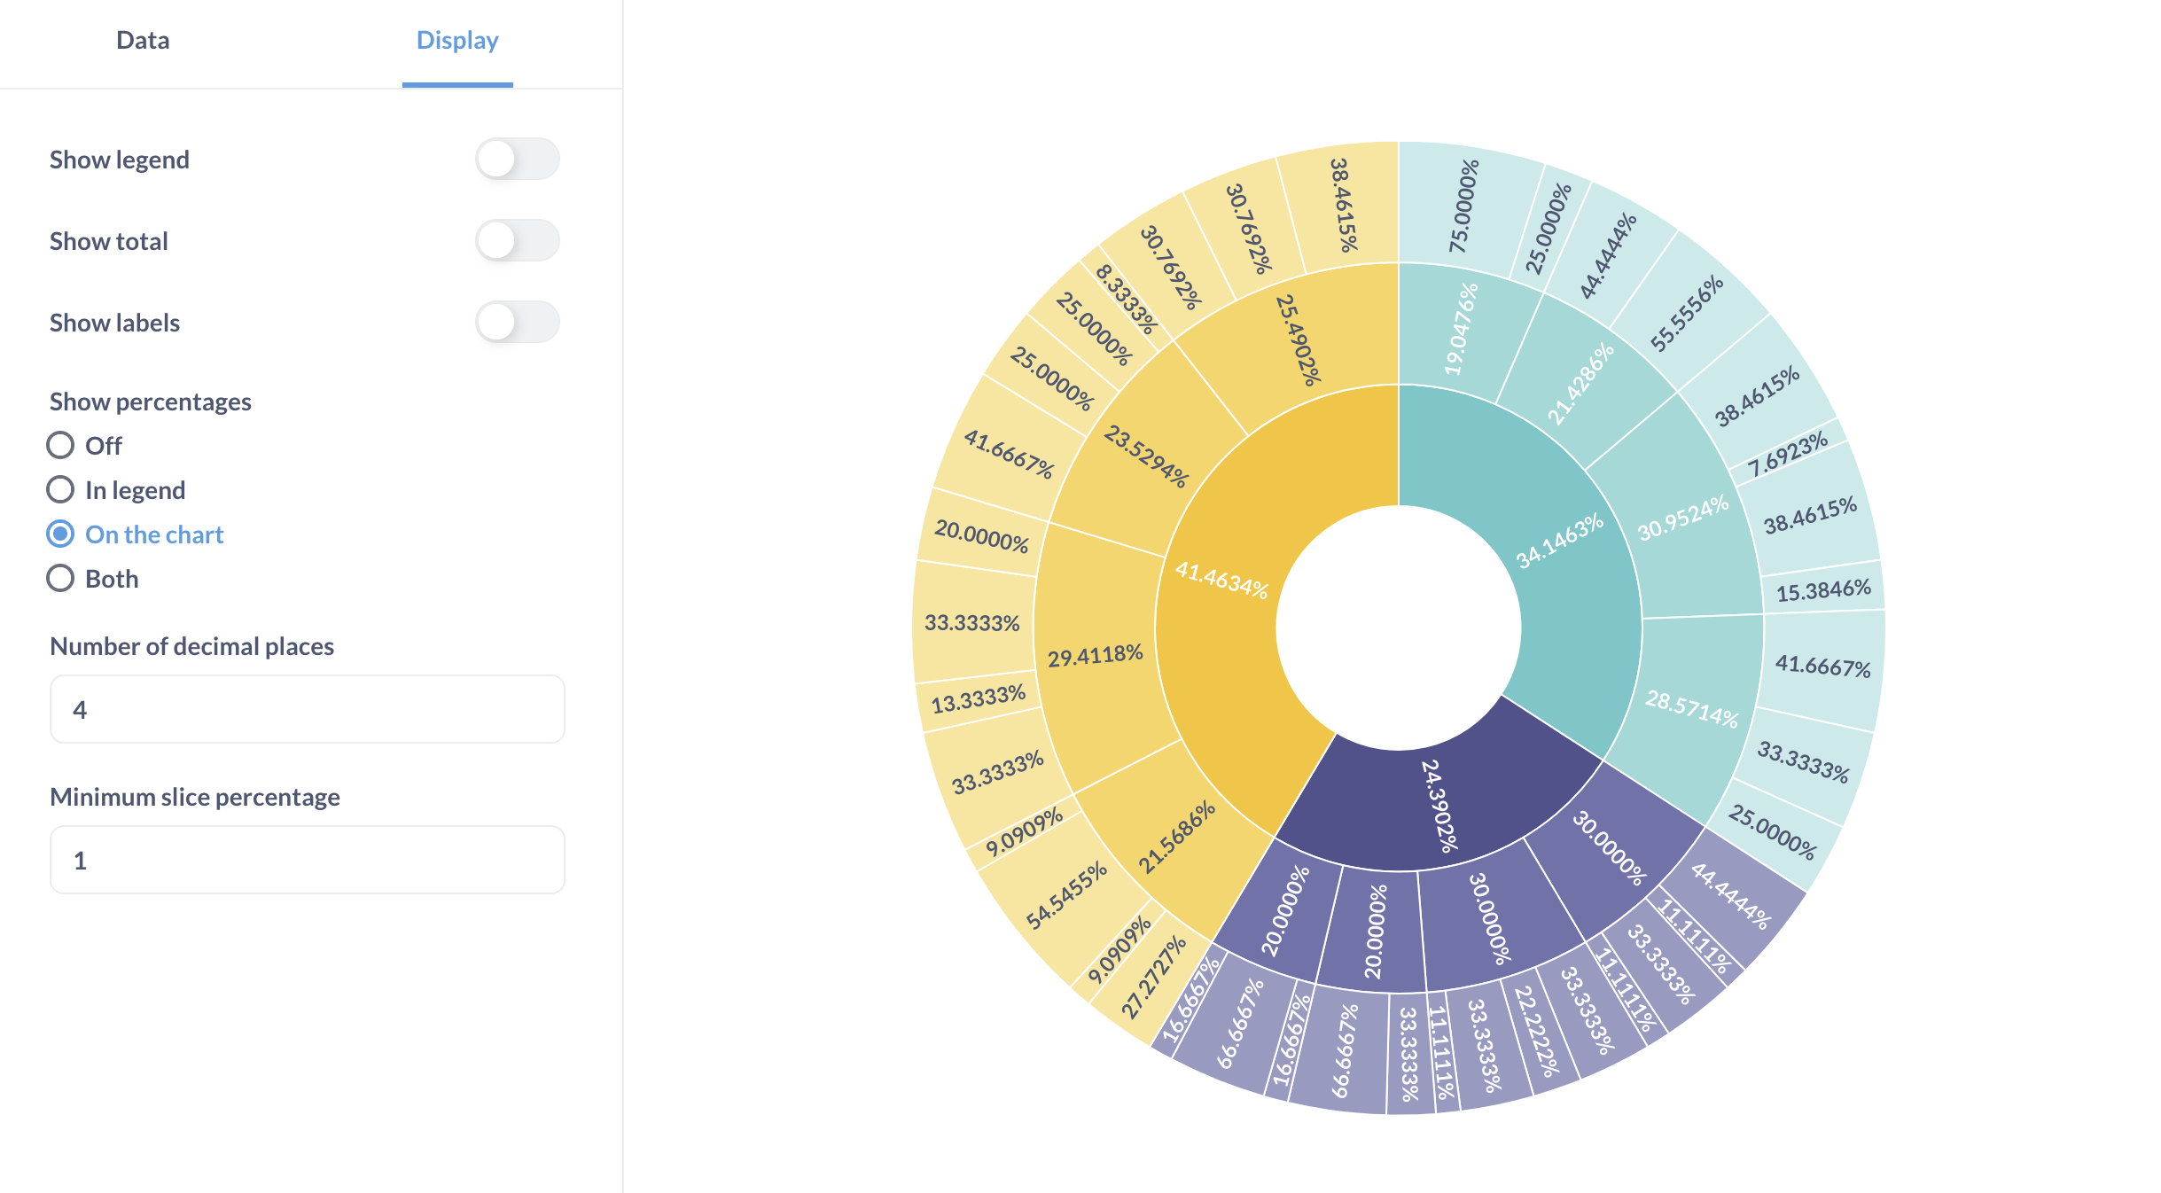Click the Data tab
pyautogui.click(x=143, y=41)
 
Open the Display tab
pyautogui.click(x=457, y=41)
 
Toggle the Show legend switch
pyautogui.click(x=517, y=160)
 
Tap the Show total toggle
pyautogui.click(x=517, y=241)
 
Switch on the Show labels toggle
pyautogui.click(x=517, y=323)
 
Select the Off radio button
pyautogui.click(x=60, y=445)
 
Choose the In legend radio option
pyautogui.click(x=60, y=489)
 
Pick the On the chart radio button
pyautogui.click(x=60, y=534)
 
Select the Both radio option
pyautogui.click(x=60, y=578)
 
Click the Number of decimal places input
pyautogui.click(x=307, y=709)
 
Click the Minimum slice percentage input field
pyautogui.click(x=307, y=860)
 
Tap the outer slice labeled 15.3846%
pyautogui.click(x=1823, y=589)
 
